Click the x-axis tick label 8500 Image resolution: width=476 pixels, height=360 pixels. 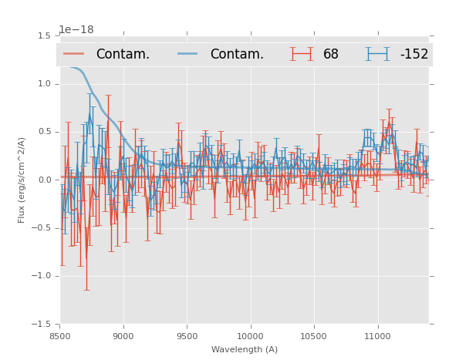60,336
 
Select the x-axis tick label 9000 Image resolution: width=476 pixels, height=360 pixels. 123,336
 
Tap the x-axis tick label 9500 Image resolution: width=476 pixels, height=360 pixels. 187,336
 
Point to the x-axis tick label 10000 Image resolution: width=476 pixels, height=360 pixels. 250,336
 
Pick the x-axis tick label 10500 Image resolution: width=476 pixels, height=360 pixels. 313,336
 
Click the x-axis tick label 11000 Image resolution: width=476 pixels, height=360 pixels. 377,336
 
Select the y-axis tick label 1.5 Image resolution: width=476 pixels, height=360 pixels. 45,36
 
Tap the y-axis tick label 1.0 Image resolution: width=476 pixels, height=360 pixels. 45,84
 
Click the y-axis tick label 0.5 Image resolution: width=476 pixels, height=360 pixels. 45,132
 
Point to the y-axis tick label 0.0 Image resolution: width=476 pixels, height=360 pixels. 45,180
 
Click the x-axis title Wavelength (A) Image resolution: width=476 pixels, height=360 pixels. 245,349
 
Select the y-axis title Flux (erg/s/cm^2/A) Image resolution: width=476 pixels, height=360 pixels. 22,180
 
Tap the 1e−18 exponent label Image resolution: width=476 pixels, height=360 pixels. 76,30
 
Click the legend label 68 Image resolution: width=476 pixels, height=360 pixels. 331,55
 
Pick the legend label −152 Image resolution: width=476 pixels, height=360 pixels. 414,55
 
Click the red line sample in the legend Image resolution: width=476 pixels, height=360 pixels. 75,54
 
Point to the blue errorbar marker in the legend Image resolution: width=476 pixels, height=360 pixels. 378,54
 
